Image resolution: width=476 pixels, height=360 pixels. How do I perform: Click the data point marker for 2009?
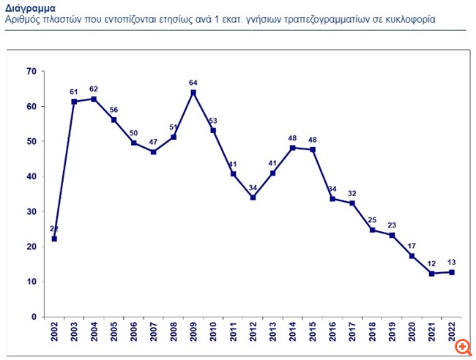coord(193,92)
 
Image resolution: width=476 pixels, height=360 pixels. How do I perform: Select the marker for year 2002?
coord(55,239)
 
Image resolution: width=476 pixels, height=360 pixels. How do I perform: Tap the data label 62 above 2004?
coord(94,89)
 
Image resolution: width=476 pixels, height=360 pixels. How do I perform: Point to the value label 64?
coord(193,83)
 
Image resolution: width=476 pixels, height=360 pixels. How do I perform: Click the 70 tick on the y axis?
coord(31,71)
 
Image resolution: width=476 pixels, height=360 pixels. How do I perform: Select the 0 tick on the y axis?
coord(33,317)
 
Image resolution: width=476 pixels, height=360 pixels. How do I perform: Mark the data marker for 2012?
coord(252,197)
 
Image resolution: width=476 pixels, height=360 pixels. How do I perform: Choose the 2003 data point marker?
coord(75,102)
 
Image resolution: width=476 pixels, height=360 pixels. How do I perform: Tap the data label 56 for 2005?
coord(114,110)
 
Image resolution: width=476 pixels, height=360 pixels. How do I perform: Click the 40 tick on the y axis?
coord(31,176)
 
